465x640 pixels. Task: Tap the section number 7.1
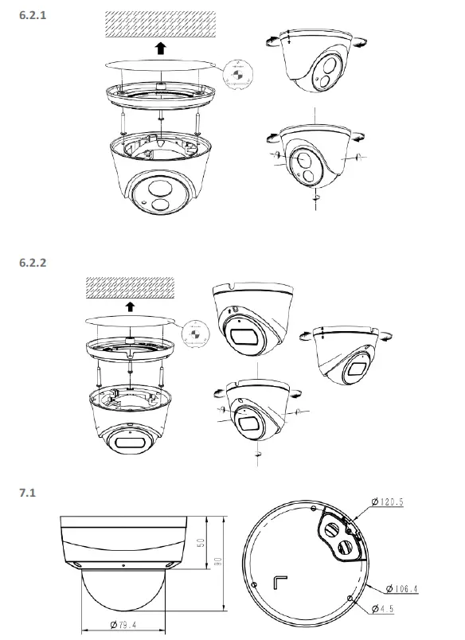(25, 493)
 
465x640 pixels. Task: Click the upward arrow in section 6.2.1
(161, 49)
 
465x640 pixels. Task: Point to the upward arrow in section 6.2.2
(131, 306)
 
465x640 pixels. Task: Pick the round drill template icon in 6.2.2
(193, 333)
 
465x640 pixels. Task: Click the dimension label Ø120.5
(391, 502)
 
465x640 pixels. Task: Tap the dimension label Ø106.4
(401, 588)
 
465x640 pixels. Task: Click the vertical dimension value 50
(201, 541)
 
